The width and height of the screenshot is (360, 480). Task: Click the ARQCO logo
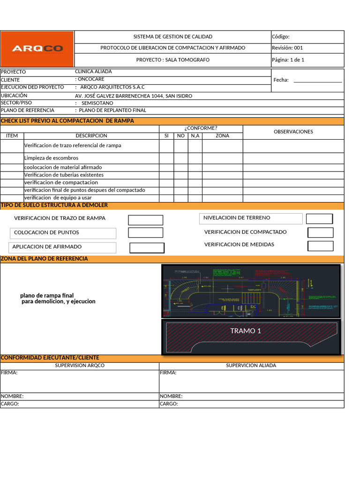click(37, 49)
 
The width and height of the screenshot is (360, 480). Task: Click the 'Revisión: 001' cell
click(287, 48)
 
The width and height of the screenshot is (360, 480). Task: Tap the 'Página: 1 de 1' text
click(288, 60)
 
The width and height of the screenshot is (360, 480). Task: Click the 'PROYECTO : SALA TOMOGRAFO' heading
click(172, 60)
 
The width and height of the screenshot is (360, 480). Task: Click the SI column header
click(166, 136)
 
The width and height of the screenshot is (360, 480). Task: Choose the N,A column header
click(195, 136)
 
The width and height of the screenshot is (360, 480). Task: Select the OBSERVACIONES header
click(293, 132)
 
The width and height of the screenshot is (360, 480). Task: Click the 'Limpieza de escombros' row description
click(51, 158)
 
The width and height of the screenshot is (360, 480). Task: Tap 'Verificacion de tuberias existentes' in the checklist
click(64, 175)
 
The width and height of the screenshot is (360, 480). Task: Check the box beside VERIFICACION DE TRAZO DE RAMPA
click(145, 220)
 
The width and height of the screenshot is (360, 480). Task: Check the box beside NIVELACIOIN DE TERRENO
click(319, 218)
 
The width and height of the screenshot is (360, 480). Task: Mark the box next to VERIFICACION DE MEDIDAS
click(320, 246)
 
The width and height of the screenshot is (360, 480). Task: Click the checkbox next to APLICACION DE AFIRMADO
click(147, 248)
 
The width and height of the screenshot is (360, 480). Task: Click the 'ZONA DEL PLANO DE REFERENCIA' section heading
click(44, 259)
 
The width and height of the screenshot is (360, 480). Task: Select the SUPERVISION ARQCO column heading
click(80, 366)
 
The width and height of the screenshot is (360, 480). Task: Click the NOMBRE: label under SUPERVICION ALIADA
click(171, 397)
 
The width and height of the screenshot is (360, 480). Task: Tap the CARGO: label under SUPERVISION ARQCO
click(10, 404)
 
